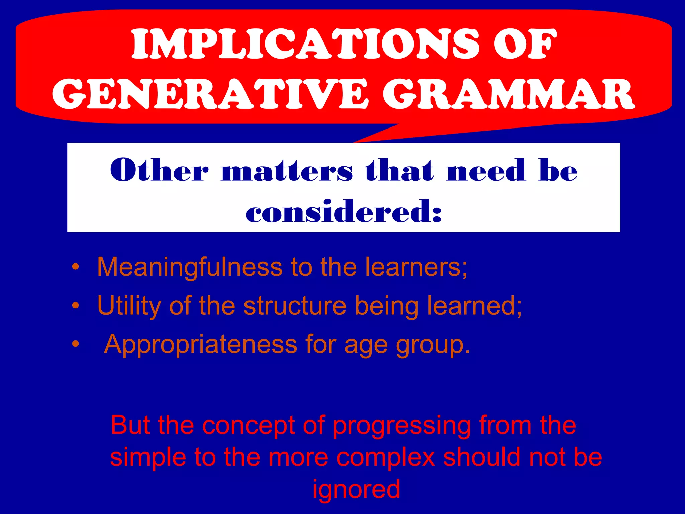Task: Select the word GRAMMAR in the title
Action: coord(509,94)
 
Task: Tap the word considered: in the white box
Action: coord(344,211)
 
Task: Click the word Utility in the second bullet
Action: coord(129,306)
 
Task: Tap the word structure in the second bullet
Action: coord(295,306)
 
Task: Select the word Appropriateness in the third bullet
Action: coord(200,345)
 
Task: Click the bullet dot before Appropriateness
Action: coord(76,344)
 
